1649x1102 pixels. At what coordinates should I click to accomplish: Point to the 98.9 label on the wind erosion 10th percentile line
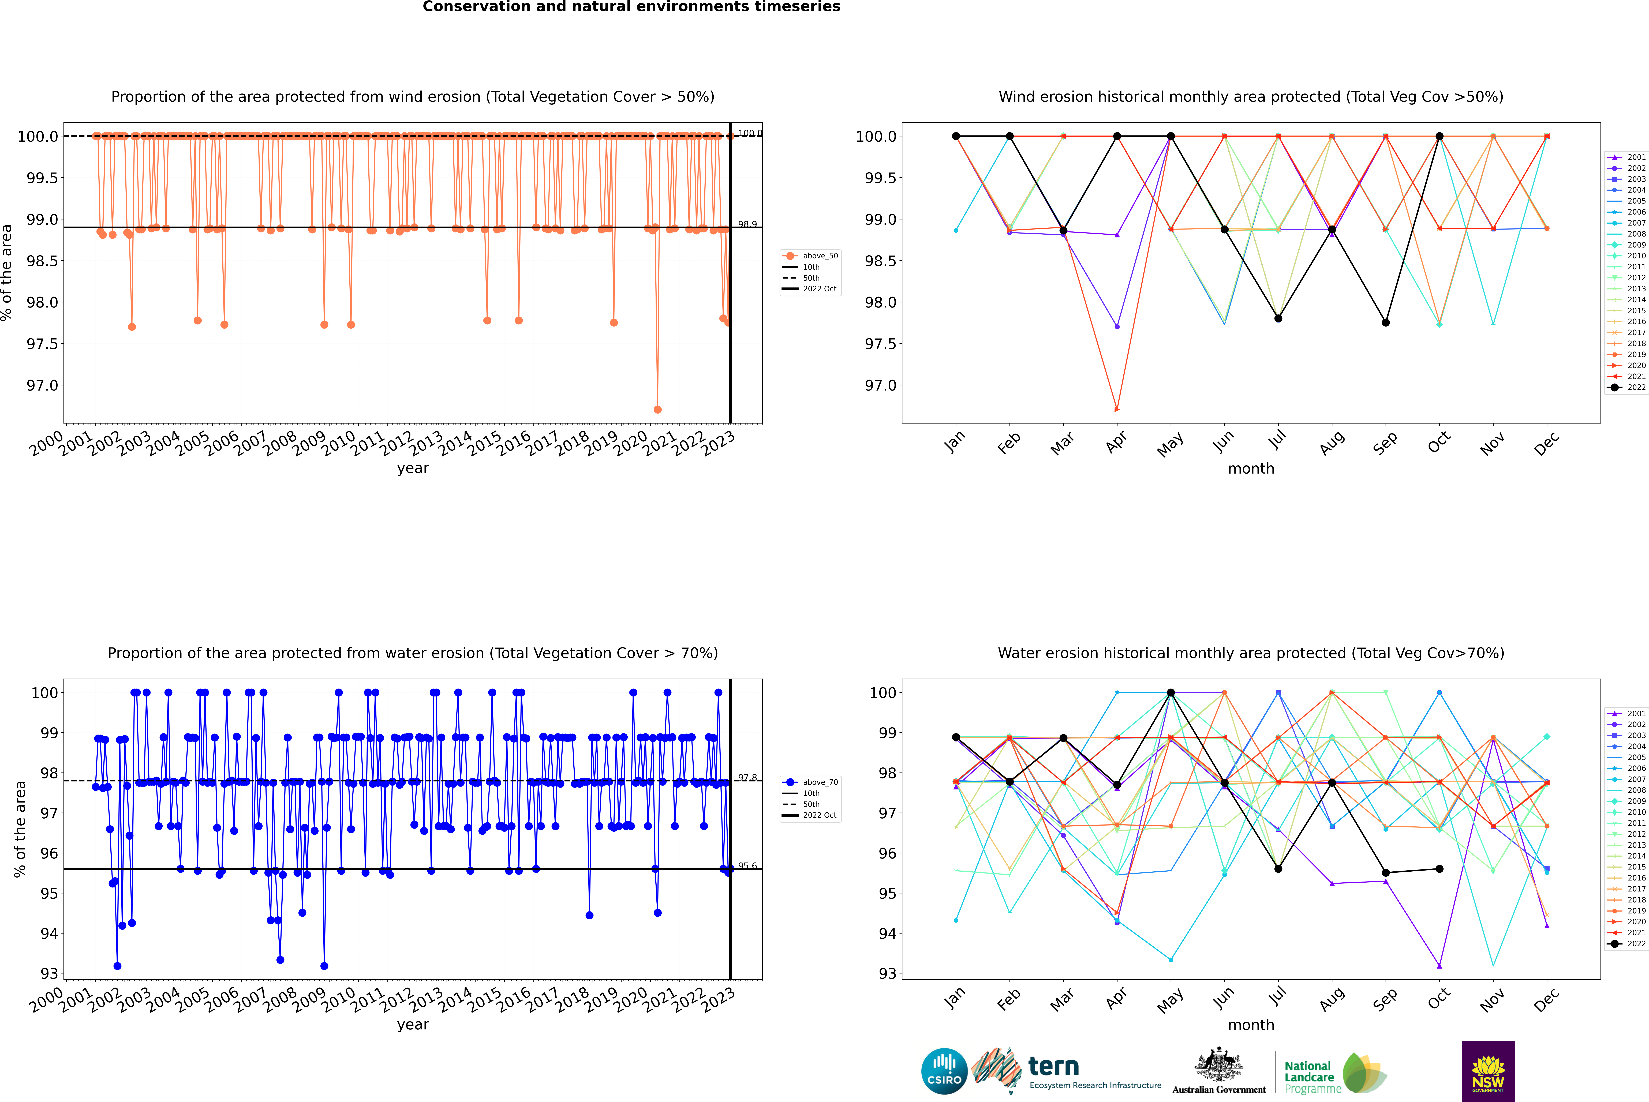pyautogui.click(x=747, y=224)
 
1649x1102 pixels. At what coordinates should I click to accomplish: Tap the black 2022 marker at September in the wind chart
pyautogui.click(x=1385, y=323)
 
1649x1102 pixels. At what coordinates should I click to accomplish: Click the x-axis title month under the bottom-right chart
pyautogui.click(x=1250, y=1025)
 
